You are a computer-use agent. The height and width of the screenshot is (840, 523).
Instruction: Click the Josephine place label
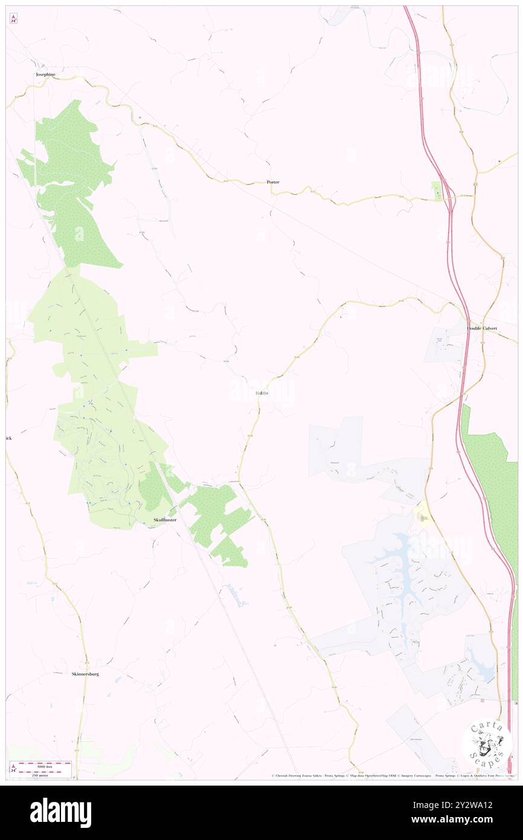(x=45, y=74)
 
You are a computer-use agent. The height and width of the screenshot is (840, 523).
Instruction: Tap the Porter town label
(x=273, y=182)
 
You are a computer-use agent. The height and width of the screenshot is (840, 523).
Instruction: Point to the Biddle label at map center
(x=261, y=393)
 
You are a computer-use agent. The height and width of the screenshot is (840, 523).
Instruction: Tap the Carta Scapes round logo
(x=487, y=744)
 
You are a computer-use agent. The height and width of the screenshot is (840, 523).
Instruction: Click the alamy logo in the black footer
(x=60, y=813)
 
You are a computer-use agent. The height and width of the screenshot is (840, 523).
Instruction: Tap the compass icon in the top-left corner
(x=13, y=19)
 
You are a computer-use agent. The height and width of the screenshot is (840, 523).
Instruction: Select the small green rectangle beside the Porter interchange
(x=436, y=192)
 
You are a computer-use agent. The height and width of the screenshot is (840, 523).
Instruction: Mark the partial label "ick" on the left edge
(x=8, y=438)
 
